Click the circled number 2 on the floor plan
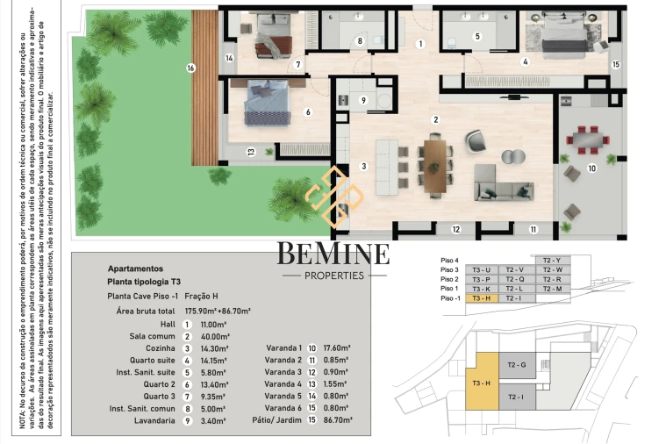pos(434,119)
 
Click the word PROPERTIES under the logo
pos(333,276)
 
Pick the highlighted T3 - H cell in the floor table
pos(482,298)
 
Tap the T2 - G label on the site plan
pos(516,365)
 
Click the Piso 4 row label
pos(449,260)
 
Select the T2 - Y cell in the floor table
pos(551,260)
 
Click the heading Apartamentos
pos(135,269)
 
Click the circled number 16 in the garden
pos(190,68)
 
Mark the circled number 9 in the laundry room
pos(363,100)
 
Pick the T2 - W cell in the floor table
pos(551,269)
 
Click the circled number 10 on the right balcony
pos(591,168)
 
